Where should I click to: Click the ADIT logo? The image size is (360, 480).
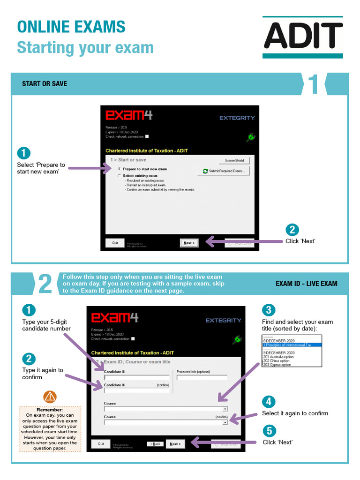303,37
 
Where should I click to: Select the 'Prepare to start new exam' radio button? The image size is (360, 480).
120,169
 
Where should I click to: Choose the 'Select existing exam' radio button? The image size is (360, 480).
120,176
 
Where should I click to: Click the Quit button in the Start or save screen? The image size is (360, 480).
115,243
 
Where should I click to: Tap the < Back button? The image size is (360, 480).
156,444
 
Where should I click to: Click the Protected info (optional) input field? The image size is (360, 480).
198,377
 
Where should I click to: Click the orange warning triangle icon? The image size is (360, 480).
49,397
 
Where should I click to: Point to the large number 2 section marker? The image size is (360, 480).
45,285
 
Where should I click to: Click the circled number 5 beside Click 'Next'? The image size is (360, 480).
269,431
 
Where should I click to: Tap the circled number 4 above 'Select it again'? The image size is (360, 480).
269,402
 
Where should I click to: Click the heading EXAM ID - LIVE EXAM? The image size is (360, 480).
306,284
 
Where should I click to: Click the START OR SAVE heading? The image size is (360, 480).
45,84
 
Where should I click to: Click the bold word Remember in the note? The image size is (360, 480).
49,410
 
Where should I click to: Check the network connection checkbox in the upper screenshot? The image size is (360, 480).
147,136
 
